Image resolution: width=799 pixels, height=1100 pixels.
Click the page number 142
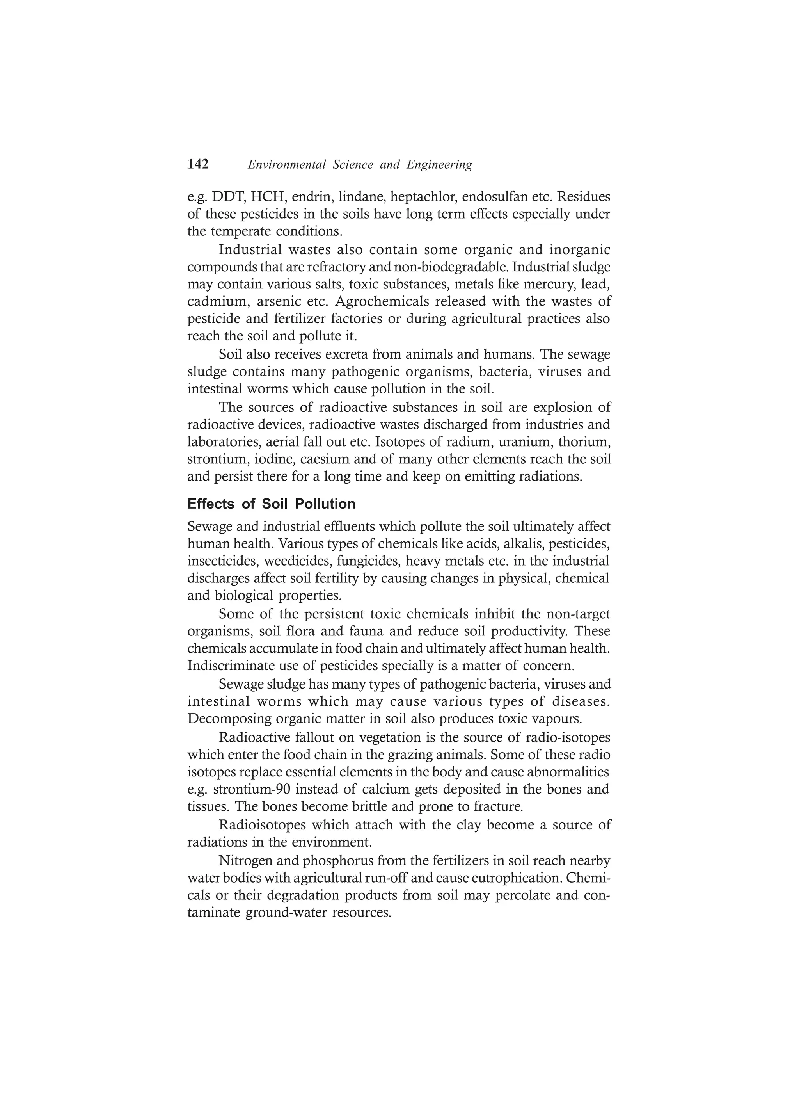click(x=198, y=164)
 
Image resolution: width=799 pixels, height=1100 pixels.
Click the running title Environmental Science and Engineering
click(x=360, y=165)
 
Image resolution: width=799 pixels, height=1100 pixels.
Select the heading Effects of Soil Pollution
click(x=271, y=504)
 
